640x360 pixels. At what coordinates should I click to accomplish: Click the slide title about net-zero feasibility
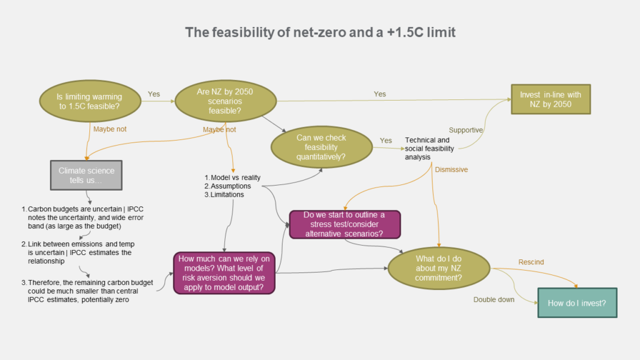(320, 32)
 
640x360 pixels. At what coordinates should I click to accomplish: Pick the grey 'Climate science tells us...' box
(86, 175)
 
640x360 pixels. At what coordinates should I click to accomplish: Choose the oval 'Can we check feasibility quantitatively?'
(321, 146)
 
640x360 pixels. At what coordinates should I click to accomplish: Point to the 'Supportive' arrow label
(466, 130)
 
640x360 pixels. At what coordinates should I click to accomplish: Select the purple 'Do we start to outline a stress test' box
(345, 224)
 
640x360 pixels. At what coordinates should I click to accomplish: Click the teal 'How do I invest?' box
(577, 303)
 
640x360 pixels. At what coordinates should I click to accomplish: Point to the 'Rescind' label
(531, 261)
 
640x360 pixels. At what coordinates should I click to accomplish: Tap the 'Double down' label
(493, 299)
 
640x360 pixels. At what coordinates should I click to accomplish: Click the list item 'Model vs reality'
(232, 177)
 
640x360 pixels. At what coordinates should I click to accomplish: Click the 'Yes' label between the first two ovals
(154, 94)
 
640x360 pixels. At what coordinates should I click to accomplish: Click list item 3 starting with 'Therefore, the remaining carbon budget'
(87, 291)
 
